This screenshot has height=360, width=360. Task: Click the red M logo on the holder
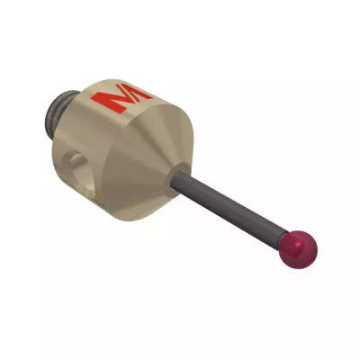[127, 99]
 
